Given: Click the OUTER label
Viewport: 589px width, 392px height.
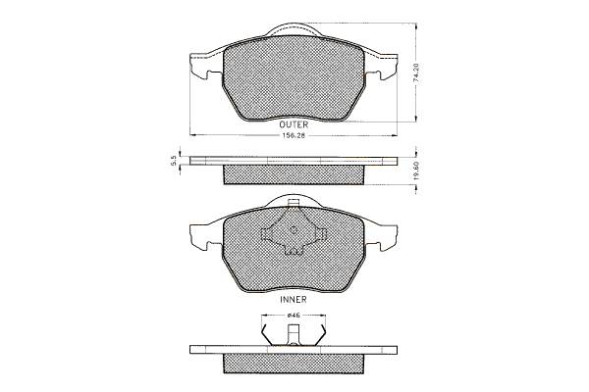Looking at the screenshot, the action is point(294,124).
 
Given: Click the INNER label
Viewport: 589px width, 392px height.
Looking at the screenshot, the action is point(294,299).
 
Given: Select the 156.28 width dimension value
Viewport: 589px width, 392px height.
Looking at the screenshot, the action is point(294,135).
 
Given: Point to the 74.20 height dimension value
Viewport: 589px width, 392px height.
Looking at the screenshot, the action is point(415,73).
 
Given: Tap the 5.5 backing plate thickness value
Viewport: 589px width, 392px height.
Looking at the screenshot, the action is point(173,162).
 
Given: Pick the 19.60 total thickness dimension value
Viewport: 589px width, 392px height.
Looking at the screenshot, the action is point(415,171).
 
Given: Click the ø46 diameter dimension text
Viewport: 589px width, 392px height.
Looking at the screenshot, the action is point(294,316).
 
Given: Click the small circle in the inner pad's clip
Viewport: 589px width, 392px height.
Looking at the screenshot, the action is point(294,230).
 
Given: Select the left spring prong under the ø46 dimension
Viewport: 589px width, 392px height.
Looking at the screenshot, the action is point(266,335).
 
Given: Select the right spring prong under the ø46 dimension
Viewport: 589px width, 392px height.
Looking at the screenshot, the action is point(321,335).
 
